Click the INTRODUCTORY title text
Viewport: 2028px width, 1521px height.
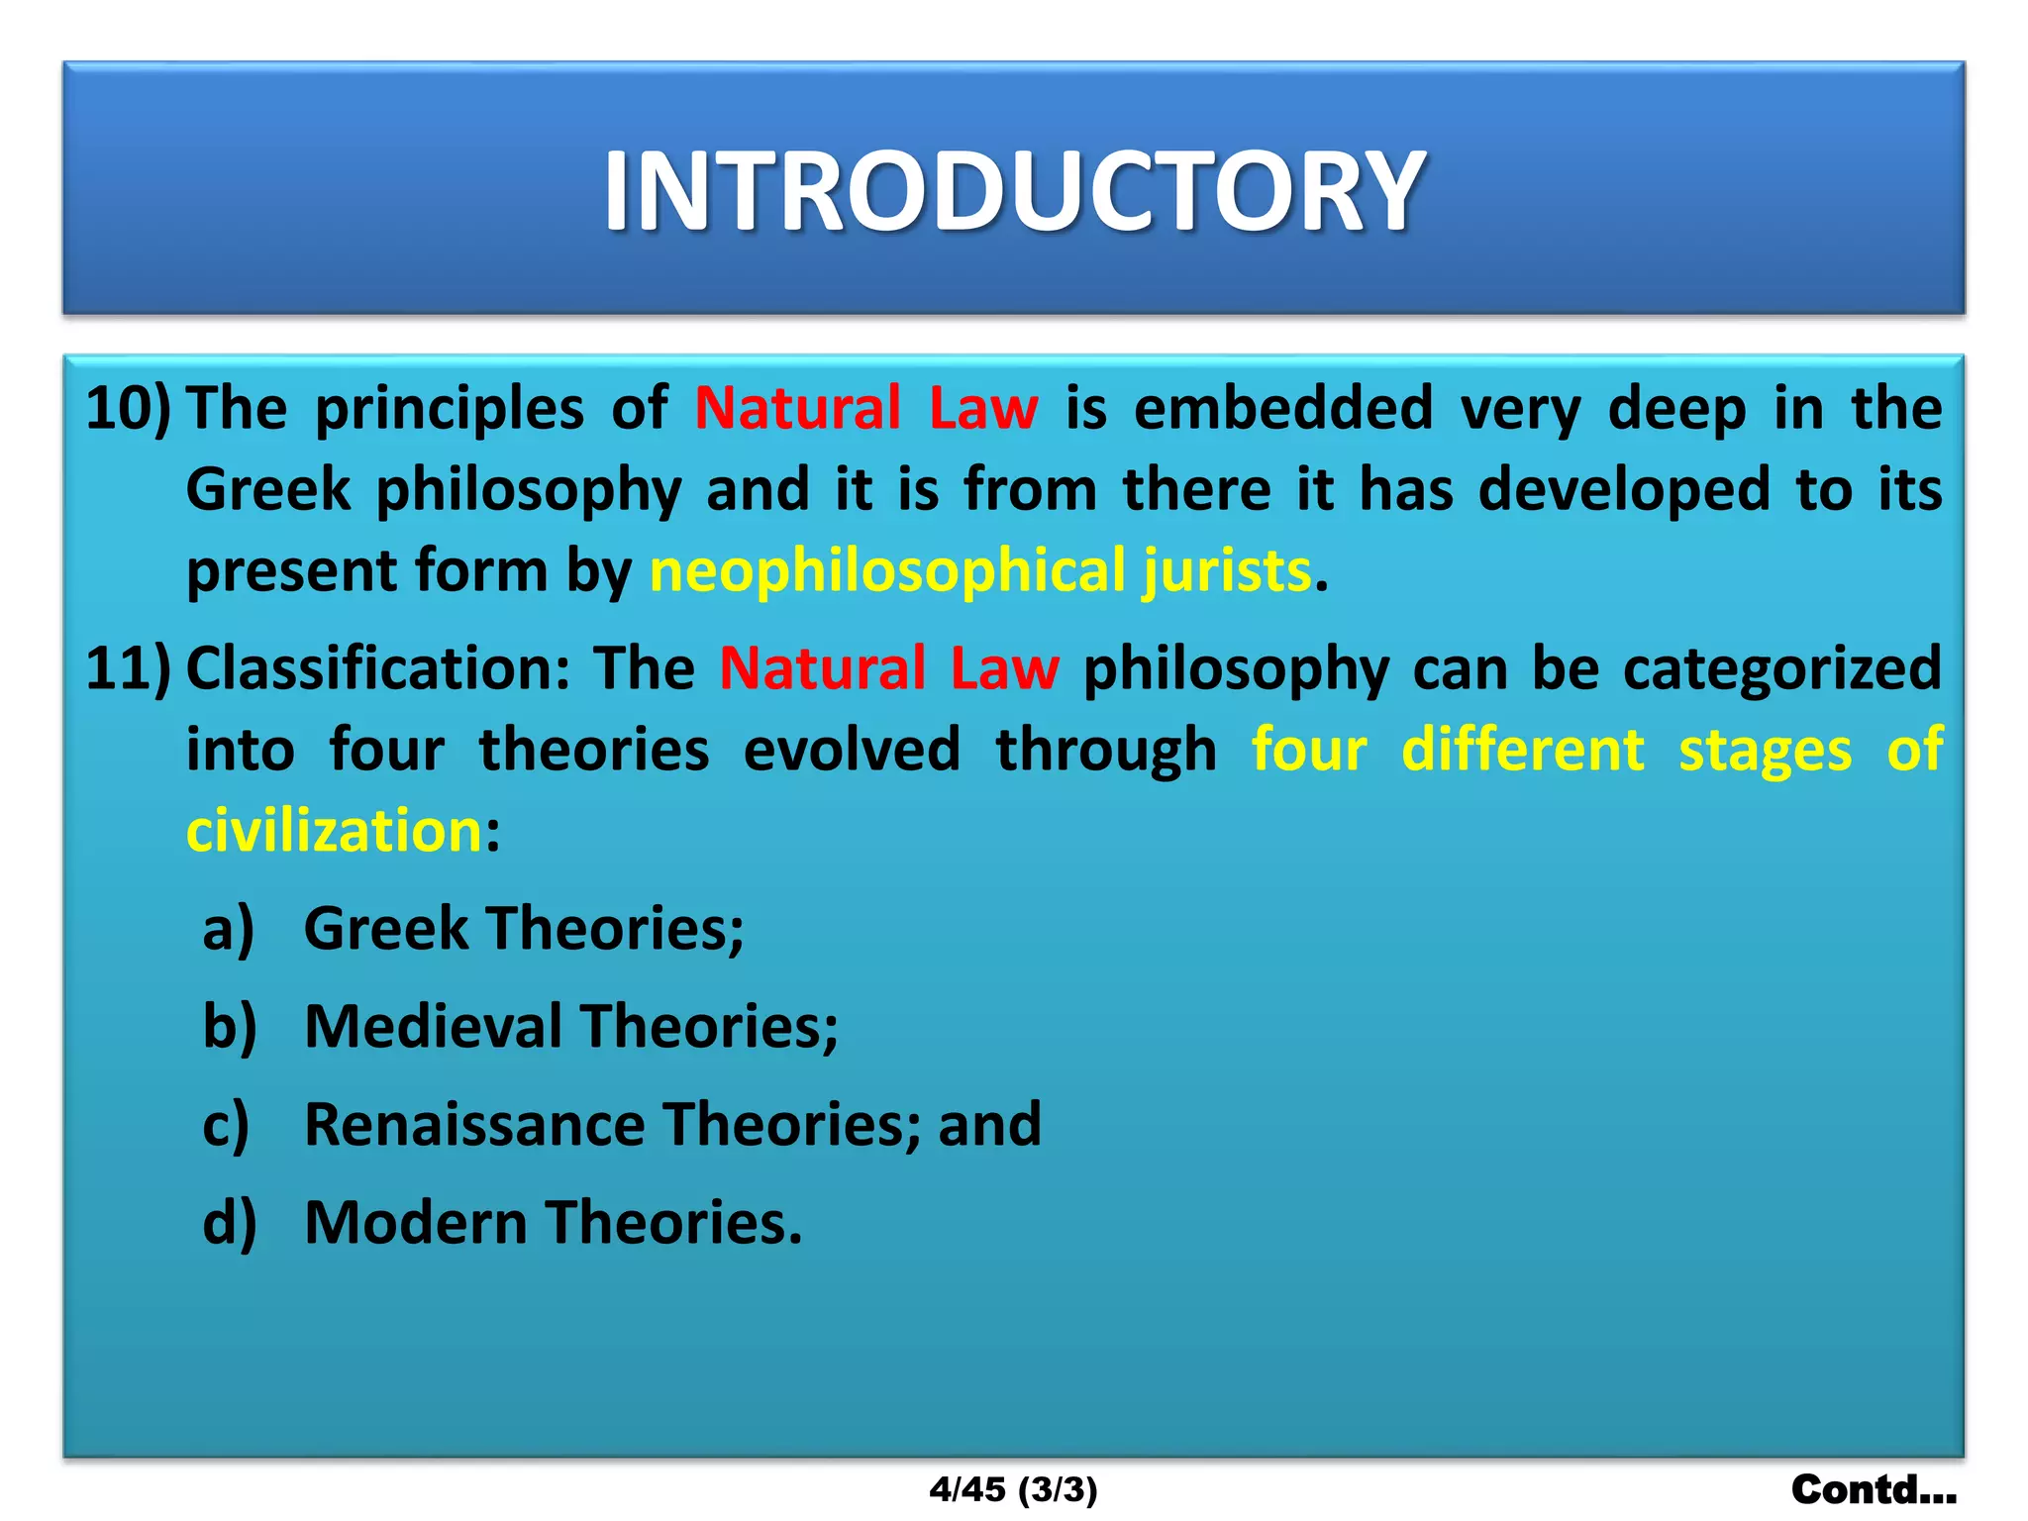click(x=1014, y=191)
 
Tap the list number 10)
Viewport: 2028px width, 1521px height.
click(x=128, y=408)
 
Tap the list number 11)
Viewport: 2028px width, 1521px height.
click(x=128, y=668)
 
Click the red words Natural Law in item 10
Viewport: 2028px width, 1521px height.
click(x=866, y=408)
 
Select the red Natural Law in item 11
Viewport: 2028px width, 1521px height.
click(x=889, y=668)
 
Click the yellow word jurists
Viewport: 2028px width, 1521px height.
click(x=1227, y=571)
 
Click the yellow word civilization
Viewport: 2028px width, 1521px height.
click(x=334, y=830)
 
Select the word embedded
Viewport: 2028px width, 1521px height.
click(x=1283, y=408)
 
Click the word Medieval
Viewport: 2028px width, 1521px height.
click(x=433, y=1026)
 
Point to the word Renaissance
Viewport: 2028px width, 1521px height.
click(x=474, y=1124)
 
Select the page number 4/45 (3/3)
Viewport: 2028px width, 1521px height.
click(x=1013, y=1489)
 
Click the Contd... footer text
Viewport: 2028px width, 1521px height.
click(x=1873, y=1489)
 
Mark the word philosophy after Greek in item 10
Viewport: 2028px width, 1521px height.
click(x=529, y=490)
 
